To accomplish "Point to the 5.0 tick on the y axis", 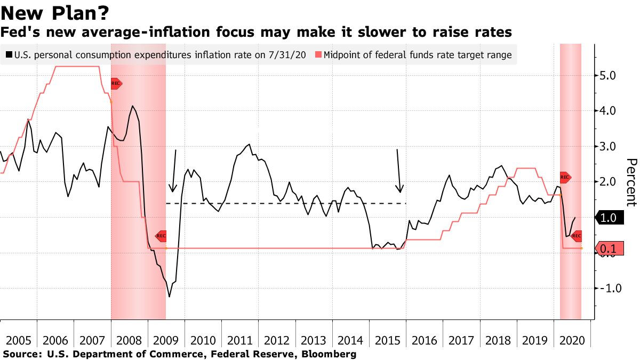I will click(607, 76).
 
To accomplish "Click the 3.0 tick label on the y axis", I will click(607, 147).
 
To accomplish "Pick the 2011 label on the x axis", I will click(240, 340).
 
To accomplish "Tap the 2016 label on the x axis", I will click(425, 340).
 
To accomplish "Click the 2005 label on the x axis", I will click(19, 340).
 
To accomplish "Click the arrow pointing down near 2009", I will click(174, 171).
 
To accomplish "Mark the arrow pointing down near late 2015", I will click(399, 171).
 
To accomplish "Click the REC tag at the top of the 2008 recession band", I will click(116, 83).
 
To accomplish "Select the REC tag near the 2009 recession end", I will click(161, 236).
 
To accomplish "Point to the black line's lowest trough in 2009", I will click(170, 297).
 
